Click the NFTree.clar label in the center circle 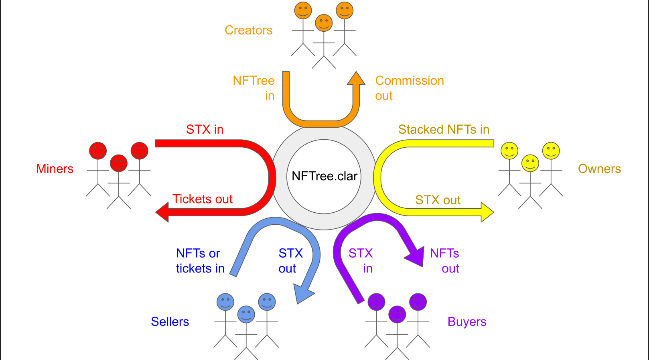click(324, 176)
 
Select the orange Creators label click(248, 31)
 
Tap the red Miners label click(55, 169)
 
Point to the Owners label click(599, 169)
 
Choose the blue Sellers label click(170, 322)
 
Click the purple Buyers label click(467, 322)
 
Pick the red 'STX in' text click(205, 130)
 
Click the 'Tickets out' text click(203, 199)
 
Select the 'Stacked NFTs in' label click(444, 130)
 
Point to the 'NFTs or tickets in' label click(200, 261)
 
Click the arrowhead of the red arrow click(162, 212)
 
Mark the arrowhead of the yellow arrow click(487, 212)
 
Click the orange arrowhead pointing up click(356, 78)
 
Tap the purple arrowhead click(416, 257)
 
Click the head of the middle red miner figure click(119, 163)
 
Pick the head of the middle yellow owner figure click(530, 163)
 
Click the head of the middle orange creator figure click(324, 23)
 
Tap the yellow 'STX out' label click(438, 200)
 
